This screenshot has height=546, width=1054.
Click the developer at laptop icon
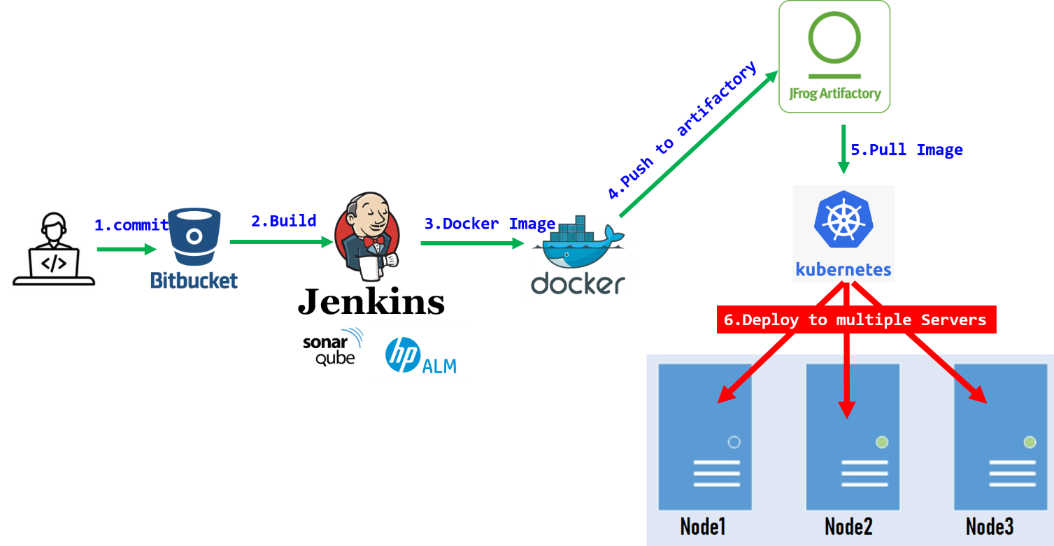tap(54, 248)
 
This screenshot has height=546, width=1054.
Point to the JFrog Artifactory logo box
tap(834, 57)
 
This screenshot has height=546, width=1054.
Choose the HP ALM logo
tap(420, 352)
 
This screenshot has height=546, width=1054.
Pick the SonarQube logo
tap(334, 346)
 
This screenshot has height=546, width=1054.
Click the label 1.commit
tap(131, 225)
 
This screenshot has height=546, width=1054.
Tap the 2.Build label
tap(283, 221)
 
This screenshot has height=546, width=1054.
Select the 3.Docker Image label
tap(490, 224)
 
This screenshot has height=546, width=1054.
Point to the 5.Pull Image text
tap(906, 150)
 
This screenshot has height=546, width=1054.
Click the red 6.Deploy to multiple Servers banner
tap(855, 320)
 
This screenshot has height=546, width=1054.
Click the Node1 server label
tap(703, 526)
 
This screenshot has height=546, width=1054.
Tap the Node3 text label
tap(990, 526)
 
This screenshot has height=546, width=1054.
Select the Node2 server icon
tap(853, 437)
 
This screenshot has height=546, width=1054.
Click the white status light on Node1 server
tap(734, 442)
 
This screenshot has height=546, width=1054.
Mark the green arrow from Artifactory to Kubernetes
tap(843, 149)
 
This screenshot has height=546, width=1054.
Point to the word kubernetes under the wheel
tap(843, 269)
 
